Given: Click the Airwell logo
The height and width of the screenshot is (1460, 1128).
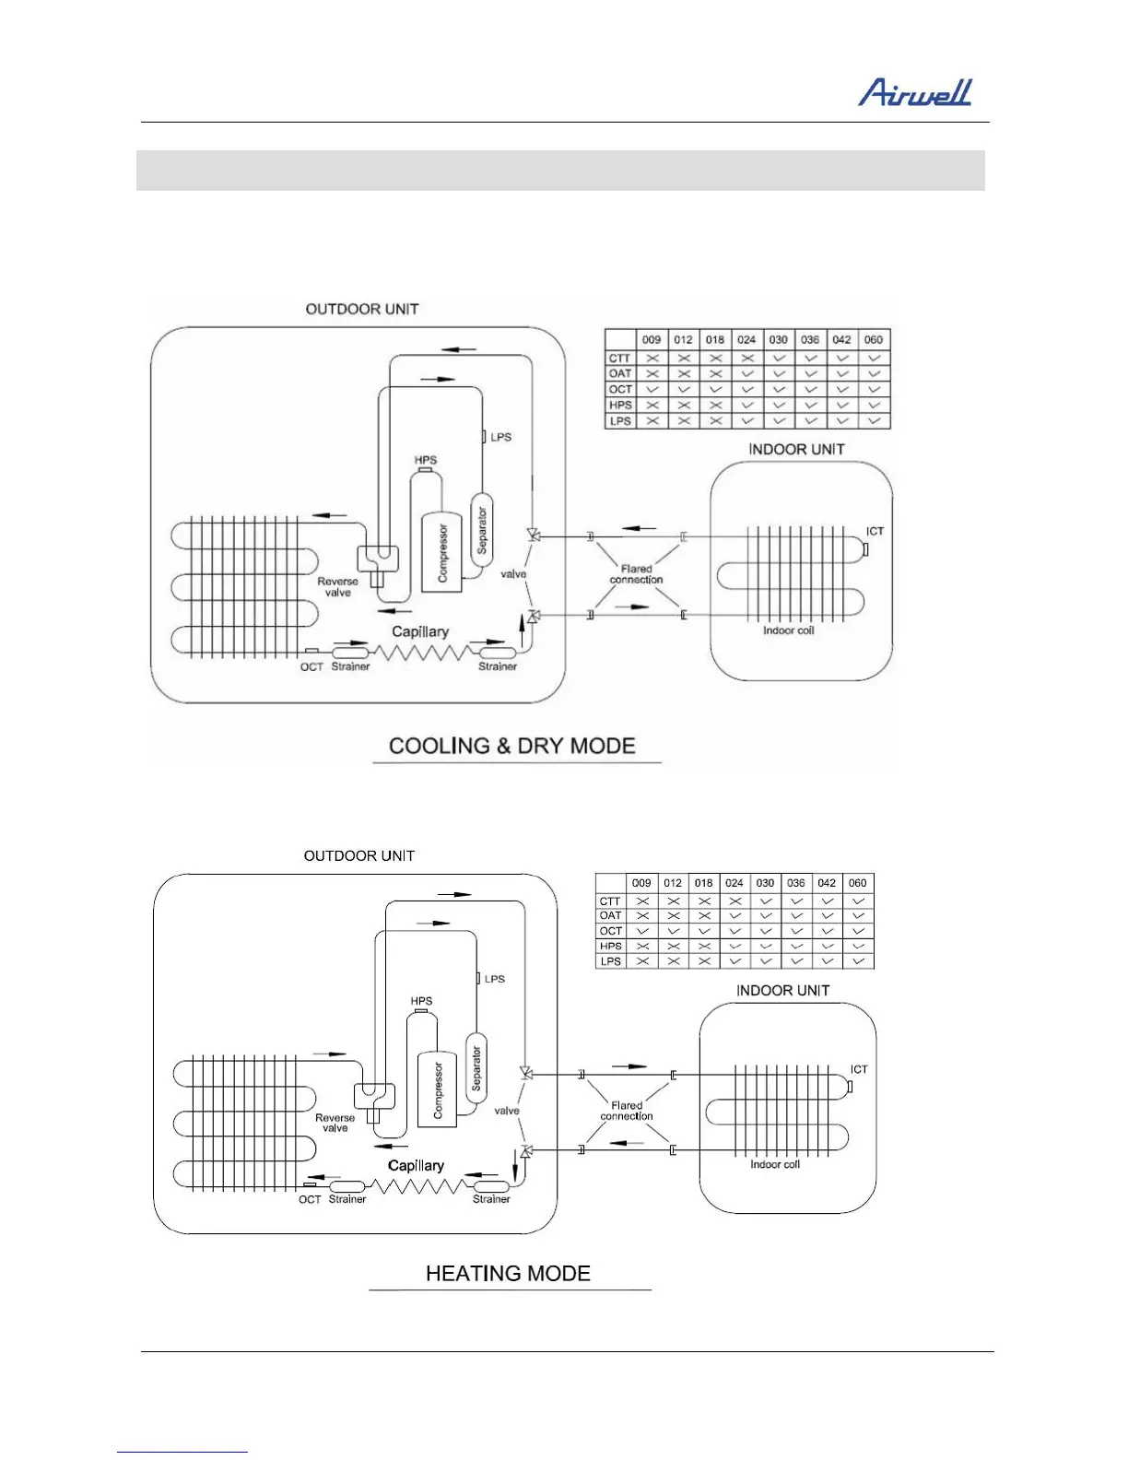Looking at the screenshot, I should [x=915, y=92].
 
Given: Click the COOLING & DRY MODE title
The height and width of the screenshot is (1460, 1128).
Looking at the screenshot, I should [x=512, y=746].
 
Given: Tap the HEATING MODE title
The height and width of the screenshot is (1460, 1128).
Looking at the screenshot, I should [x=508, y=1273].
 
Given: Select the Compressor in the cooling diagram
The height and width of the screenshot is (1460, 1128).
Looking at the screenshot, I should [x=442, y=552].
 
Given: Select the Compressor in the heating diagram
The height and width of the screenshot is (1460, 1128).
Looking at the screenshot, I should [x=438, y=1089].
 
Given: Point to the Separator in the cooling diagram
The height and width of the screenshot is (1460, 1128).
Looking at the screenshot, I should [x=481, y=530].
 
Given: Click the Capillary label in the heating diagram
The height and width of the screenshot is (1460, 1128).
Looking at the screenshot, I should [x=416, y=1165].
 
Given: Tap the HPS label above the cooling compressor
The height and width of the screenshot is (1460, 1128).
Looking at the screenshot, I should [x=426, y=460].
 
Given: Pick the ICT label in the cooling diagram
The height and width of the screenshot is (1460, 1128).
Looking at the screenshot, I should [x=875, y=531].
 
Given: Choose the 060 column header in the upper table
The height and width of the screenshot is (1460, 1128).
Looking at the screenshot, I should [x=874, y=339].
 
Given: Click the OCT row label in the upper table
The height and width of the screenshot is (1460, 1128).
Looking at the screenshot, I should [x=620, y=389].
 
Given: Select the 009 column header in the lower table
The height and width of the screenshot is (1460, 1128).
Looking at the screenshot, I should [x=642, y=882].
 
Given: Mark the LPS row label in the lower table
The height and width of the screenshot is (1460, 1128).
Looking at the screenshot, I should [x=610, y=960].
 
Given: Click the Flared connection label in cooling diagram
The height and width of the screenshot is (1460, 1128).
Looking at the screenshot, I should [x=636, y=574].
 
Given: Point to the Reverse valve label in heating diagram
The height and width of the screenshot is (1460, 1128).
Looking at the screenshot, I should [x=335, y=1123].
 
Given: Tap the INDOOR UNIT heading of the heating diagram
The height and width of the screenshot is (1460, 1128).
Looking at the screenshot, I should [x=782, y=990].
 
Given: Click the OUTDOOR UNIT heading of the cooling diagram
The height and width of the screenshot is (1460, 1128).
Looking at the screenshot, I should [x=362, y=309].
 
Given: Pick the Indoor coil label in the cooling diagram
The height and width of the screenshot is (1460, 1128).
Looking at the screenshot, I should [x=788, y=630].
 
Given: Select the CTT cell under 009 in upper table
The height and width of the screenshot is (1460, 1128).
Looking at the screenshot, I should [x=652, y=358].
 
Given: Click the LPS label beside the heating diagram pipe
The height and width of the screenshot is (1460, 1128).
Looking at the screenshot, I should [x=495, y=979].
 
